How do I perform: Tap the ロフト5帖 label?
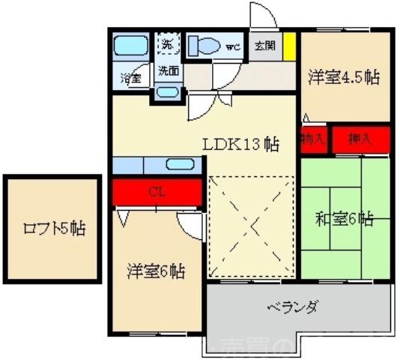point(52,228)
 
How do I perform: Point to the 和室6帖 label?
point(344,219)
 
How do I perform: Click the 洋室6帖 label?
point(156,271)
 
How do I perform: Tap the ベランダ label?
point(293,307)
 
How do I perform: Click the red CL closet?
point(157,191)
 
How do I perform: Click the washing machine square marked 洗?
point(167,44)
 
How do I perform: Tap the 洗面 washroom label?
point(168,71)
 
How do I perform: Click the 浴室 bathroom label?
point(132,77)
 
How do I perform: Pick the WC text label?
point(233,48)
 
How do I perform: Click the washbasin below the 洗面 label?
point(168,92)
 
